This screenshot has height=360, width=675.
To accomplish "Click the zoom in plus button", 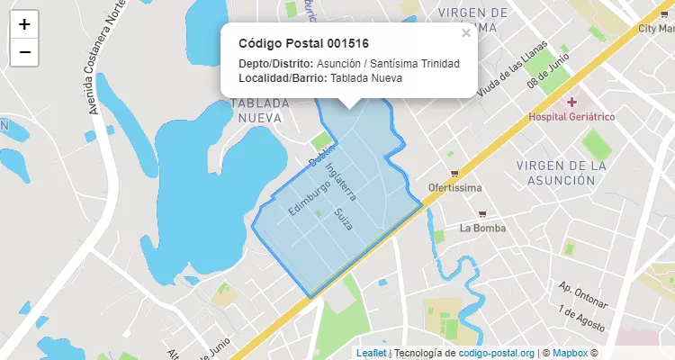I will [24, 24].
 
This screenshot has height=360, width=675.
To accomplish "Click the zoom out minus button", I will [24, 52].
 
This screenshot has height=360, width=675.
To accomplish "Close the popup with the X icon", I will [466, 33].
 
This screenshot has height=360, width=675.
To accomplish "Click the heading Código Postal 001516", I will [303, 43].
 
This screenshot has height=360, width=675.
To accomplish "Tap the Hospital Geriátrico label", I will [571, 117].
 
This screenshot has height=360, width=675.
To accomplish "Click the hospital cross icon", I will [571, 102].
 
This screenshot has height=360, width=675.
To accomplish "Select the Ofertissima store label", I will [454, 188].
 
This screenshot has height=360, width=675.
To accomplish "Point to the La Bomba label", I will [482, 228].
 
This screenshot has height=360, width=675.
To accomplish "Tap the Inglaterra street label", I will [341, 180].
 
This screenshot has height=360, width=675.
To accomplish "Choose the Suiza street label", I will [342, 218].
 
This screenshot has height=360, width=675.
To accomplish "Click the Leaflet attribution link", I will [371, 353].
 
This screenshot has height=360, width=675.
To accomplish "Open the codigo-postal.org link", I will [497, 353].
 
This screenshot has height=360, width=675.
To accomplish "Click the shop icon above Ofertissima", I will [454, 174].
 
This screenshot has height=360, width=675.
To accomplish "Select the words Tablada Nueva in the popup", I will [366, 78].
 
